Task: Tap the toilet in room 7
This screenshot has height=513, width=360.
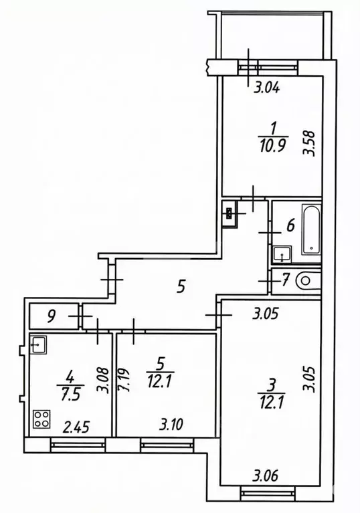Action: pos(308,280)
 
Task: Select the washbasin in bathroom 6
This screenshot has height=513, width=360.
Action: pos(282,254)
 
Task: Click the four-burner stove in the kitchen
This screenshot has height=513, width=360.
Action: pos(41,419)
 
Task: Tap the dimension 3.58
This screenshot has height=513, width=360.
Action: pos(309,142)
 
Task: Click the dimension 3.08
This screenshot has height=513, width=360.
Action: pos(102,379)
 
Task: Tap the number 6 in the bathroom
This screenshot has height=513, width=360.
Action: pos(290,225)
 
